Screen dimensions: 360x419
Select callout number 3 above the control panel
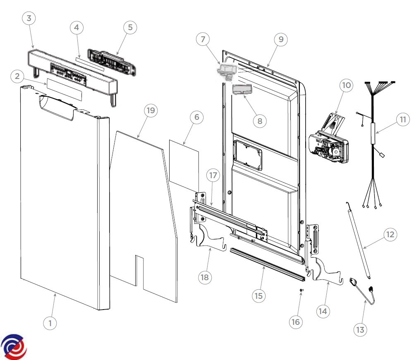click(x=29, y=18)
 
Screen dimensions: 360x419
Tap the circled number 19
click(x=151, y=110)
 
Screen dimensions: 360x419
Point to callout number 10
click(x=346, y=86)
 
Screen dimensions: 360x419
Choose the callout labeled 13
click(x=360, y=329)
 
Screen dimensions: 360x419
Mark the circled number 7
click(x=203, y=39)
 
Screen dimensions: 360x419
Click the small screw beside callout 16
click(x=302, y=291)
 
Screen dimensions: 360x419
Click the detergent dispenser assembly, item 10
click(x=329, y=143)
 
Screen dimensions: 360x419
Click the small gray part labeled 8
click(x=243, y=90)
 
